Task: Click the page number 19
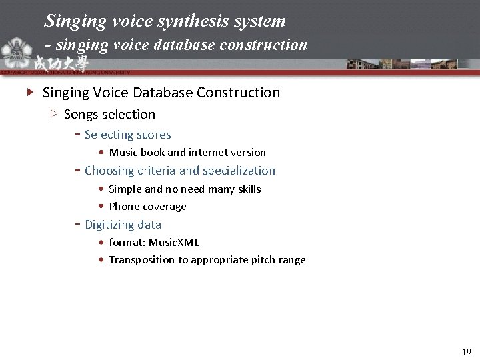click(x=466, y=351)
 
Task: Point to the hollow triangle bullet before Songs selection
click(x=54, y=114)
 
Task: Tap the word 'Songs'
click(x=81, y=114)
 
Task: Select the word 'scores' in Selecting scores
click(x=153, y=135)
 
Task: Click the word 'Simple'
click(x=125, y=189)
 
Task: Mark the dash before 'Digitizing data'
click(x=77, y=225)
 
